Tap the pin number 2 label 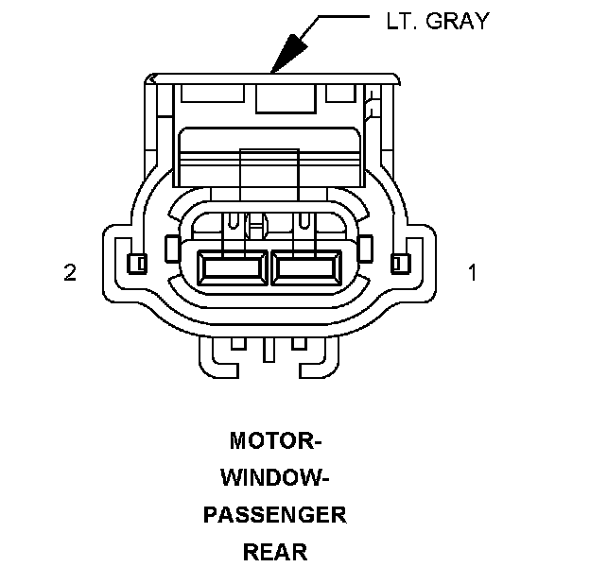tap(69, 273)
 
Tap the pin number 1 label tap(473, 273)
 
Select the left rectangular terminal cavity tap(233, 268)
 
